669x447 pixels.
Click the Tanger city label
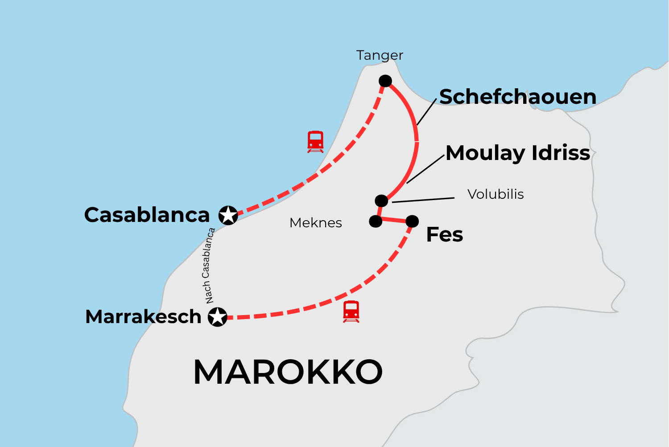(x=380, y=55)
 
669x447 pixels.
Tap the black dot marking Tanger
(x=385, y=81)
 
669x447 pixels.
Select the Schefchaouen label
(x=518, y=97)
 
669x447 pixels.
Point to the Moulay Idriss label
(x=518, y=153)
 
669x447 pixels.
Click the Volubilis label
(x=496, y=194)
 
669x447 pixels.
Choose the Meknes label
(x=316, y=223)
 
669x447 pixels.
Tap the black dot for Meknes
(x=376, y=221)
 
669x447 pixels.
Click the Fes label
(x=445, y=235)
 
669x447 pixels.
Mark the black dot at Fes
(x=412, y=221)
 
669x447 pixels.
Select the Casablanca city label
(x=147, y=215)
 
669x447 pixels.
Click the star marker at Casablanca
(x=228, y=215)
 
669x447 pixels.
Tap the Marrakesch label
(x=143, y=317)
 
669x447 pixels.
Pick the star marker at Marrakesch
(x=218, y=317)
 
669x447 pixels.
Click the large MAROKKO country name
(x=288, y=372)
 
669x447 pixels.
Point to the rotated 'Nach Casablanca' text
(x=208, y=266)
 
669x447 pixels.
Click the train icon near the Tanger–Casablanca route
(x=315, y=142)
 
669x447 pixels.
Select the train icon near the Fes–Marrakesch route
(x=351, y=312)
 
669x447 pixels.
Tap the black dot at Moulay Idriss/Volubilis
(x=381, y=201)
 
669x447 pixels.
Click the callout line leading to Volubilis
(x=423, y=200)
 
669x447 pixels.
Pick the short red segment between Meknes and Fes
(x=394, y=220)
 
